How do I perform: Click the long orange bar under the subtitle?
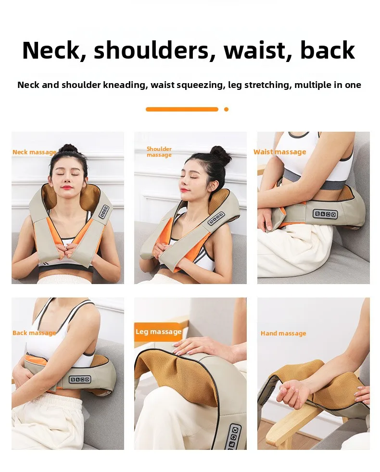pyautogui.click(x=182, y=109)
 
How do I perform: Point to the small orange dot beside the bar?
pyautogui.click(x=226, y=109)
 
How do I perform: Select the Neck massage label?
pyautogui.click(x=34, y=152)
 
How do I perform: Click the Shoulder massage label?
pyautogui.click(x=159, y=152)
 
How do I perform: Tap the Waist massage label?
pyautogui.click(x=279, y=152)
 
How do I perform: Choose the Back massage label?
pyautogui.click(x=34, y=333)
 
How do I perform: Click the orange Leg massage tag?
pyautogui.click(x=159, y=332)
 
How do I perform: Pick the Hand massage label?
pyautogui.click(x=283, y=333)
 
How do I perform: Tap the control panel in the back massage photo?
pyautogui.click(x=80, y=379)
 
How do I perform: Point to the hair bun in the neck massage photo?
pyautogui.click(x=69, y=149)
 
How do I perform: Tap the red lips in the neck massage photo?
pyautogui.click(x=67, y=187)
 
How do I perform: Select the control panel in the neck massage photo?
pyautogui.click(x=104, y=211)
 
